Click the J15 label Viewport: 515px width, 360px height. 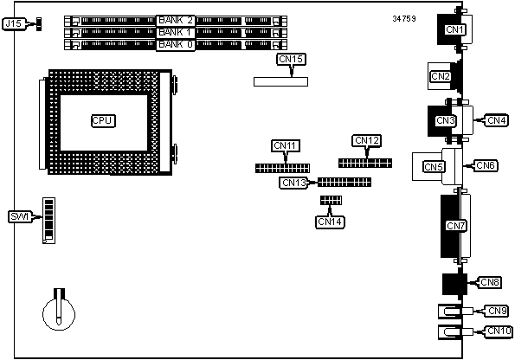click(x=14, y=24)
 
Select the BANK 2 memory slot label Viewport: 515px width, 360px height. click(x=176, y=21)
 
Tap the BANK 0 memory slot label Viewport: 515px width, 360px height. click(x=176, y=44)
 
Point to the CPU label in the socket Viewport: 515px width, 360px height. click(x=103, y=121)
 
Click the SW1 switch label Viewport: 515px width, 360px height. click(x=20, y=217)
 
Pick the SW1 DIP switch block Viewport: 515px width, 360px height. click(x=49, y=221)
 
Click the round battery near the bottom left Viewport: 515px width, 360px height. click(x=59, y=313)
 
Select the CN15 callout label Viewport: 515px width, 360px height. click(x=291, y=60)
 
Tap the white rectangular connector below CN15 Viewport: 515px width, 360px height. click(x=280, y=81)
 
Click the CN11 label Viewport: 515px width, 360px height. click(x=286, y=146)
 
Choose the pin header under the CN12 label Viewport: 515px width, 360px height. click(x=365, y=163)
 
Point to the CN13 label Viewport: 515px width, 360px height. click(x=294, y=183)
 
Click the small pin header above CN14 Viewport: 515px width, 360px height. click(x=331, y=200)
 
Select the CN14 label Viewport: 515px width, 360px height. click(x=330, y=222)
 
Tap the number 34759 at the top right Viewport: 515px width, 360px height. click(x=404, y=19)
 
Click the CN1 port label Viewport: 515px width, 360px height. click(x=454, y=29)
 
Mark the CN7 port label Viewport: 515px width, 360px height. click(x=456, y=226)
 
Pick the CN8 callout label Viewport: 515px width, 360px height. click(x=489, y=282)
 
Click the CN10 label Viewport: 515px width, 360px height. click(x=499, y=331)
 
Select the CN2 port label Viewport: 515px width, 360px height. click(x=440, y=76)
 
